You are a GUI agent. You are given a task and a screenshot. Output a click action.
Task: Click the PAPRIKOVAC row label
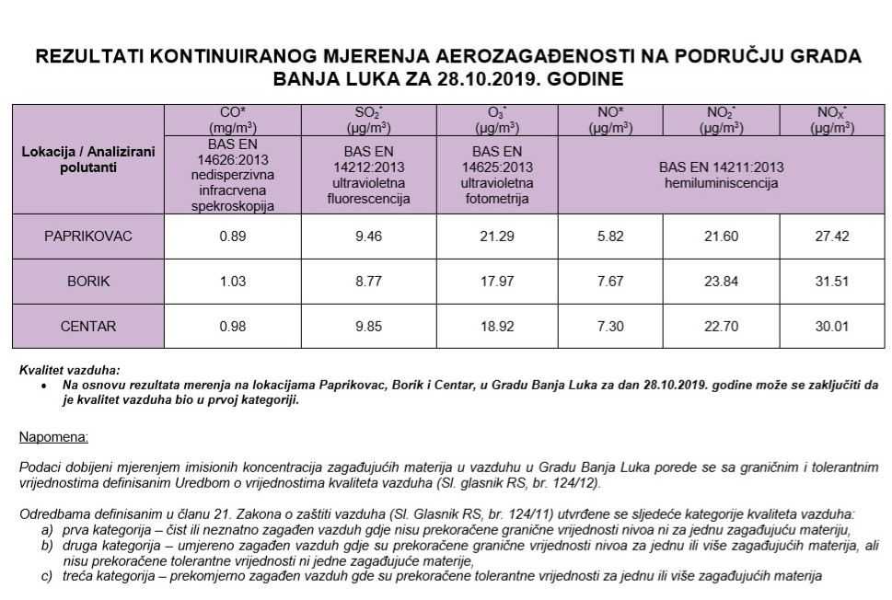point(88,237)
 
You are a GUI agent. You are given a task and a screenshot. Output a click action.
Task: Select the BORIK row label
point(88,281)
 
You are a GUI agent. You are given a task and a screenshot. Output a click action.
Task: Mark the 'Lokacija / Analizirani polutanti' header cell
point(88,157)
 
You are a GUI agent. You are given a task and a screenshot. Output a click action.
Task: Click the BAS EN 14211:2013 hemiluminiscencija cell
point(721,175)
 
